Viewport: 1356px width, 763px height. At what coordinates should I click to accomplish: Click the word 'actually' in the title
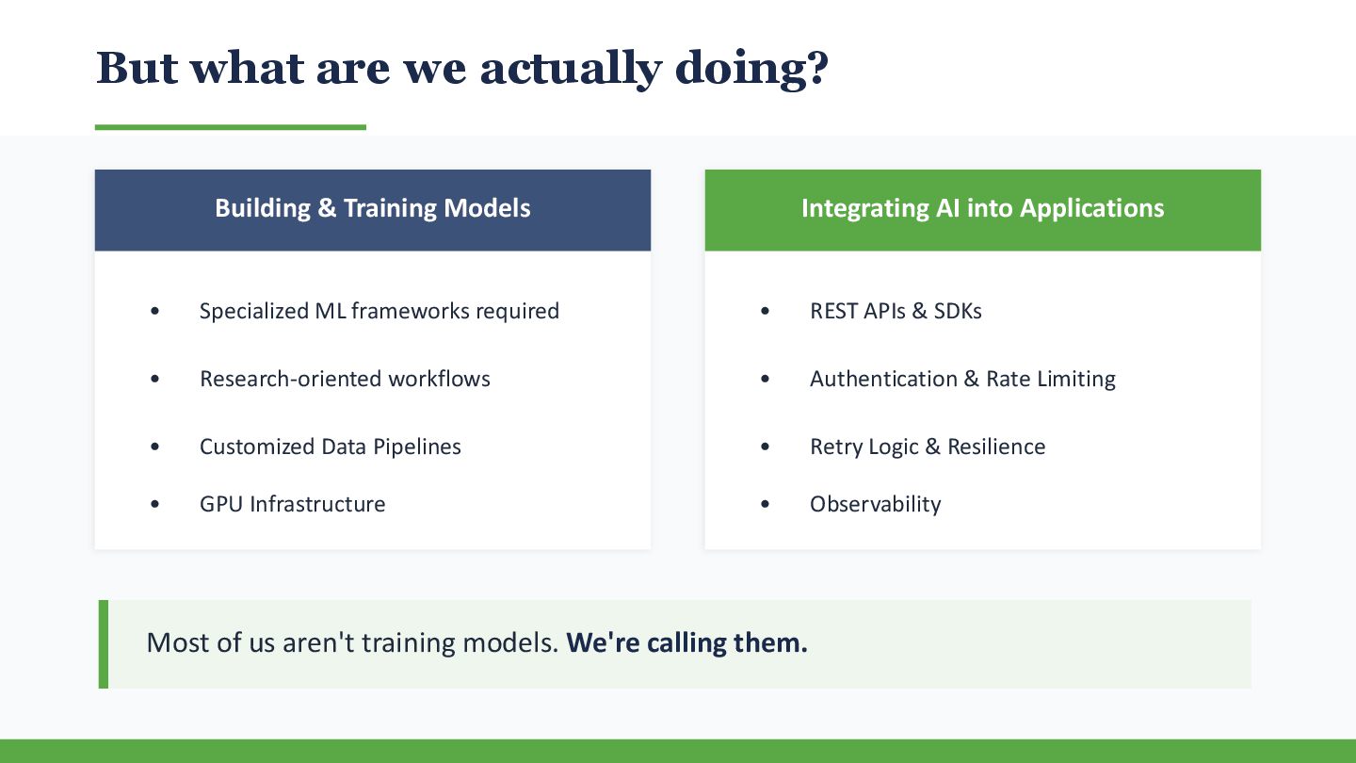click(x=571, y=69)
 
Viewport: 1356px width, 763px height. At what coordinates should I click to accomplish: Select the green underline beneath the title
click(x=231, y=127)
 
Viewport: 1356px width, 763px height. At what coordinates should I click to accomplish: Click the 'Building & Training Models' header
click(x=373, y=208)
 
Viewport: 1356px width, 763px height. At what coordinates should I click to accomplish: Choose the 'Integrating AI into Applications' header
click(x=982, y=208)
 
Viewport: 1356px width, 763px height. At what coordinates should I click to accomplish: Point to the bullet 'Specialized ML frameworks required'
click(x=379, y=311)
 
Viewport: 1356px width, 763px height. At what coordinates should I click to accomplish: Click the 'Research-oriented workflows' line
click(x=345, y=379)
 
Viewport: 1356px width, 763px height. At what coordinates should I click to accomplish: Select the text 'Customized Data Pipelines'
click(x=331, y=446)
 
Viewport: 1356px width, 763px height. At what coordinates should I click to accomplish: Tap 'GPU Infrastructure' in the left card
click(x=292, y=504)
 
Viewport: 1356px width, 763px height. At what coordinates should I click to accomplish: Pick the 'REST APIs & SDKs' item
click(x=896, y=311)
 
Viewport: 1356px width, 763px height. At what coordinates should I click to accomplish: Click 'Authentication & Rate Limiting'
click(x=962, y=379)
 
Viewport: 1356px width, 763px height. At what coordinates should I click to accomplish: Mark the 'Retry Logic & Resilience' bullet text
click(x=928, y=446)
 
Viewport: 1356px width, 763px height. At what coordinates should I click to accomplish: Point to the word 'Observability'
click(x=876, y=504)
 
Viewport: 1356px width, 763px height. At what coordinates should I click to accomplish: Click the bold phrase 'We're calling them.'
click(x=687, y=642)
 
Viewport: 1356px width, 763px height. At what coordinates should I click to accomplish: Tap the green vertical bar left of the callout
click(x=104, y=644)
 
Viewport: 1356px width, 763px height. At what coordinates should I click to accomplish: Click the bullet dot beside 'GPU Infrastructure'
click(x=155, y=504)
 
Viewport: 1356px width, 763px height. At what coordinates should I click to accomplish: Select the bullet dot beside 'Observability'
click(x=766, y=504)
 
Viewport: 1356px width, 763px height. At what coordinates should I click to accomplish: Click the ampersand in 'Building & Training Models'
click(x=327, y=208)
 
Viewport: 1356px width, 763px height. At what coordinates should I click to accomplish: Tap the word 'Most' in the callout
click(x=178, y=642)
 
